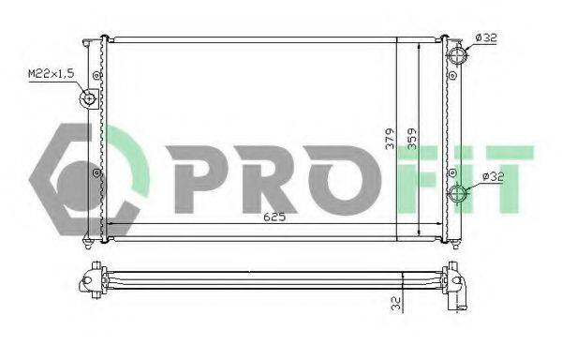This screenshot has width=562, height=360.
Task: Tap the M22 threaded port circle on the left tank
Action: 90,98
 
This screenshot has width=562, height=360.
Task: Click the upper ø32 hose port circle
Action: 456,55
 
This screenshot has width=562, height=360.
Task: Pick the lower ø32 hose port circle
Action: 459,195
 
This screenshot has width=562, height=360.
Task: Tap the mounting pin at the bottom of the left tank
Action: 88,246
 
